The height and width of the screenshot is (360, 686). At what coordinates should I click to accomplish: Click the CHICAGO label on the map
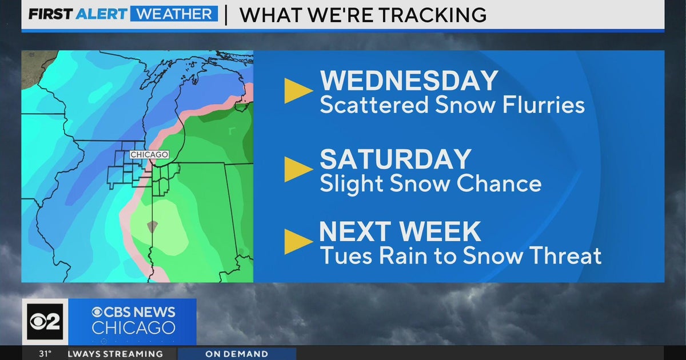(149, 155)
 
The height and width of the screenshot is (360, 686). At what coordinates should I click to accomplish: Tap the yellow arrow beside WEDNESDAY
(298, 91)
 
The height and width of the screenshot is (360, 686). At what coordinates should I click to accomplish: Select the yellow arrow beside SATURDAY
(298, 169)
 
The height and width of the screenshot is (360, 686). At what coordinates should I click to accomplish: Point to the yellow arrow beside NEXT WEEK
(298, 241)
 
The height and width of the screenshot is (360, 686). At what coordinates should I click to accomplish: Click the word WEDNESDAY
(409, 81)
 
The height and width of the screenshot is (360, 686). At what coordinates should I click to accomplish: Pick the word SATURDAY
(396, 159)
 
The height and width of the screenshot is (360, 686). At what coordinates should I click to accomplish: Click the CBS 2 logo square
(45, 321)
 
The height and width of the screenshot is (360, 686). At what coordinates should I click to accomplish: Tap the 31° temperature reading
(45, 354)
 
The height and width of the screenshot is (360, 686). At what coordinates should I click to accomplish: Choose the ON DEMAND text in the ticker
(237, 354)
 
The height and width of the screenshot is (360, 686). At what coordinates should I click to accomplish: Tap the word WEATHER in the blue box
(174, 14)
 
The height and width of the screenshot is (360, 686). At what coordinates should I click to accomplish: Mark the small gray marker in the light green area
(151, 227)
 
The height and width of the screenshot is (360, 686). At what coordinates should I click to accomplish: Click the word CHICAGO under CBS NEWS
(133, 328)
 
